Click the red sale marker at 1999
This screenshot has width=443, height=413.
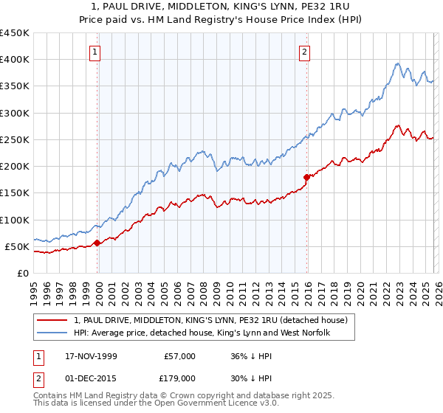click(97, 243)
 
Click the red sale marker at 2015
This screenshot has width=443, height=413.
click(307, 177)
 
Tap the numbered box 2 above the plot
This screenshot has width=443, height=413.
click(304, 52)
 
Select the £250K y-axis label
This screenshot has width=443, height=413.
click(15, 139)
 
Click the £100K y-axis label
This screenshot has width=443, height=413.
click(15, 220)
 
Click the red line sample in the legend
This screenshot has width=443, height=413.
click(52, 320)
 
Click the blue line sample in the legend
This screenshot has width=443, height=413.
click(52, 333)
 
